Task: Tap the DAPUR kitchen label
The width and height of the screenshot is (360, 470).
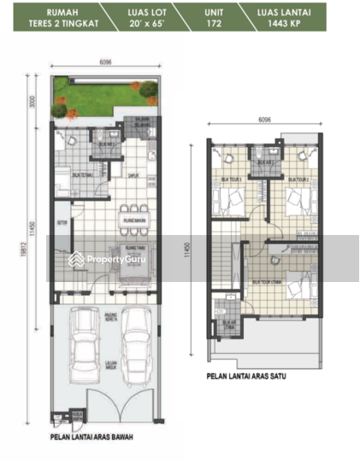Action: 133,177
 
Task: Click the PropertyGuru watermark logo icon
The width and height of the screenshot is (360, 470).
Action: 76,259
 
